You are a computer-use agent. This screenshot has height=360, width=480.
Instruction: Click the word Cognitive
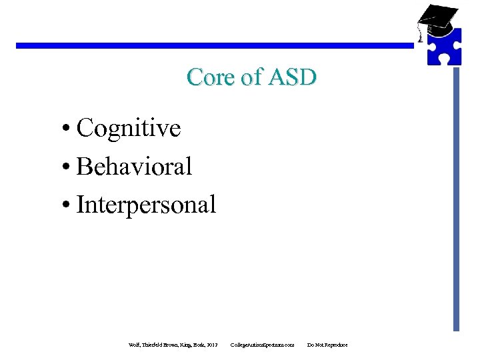coord(129,128)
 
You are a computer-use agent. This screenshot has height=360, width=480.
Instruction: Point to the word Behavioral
coord(134,166)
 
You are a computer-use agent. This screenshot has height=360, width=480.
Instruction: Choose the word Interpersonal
coord(146,205)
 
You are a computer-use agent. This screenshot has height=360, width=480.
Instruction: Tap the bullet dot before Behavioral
coord(69,167)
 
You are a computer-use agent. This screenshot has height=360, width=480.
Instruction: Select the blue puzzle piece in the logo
coord(443,47)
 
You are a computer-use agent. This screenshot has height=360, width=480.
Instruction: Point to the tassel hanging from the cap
coord(420,35)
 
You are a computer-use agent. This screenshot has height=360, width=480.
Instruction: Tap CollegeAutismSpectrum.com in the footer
coord(262,345)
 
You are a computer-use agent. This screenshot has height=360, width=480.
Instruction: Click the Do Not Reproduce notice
coord(327,345)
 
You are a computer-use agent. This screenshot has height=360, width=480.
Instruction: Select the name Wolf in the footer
coord(134,345)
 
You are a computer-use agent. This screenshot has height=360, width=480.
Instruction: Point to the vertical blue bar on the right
coord(456,200)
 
